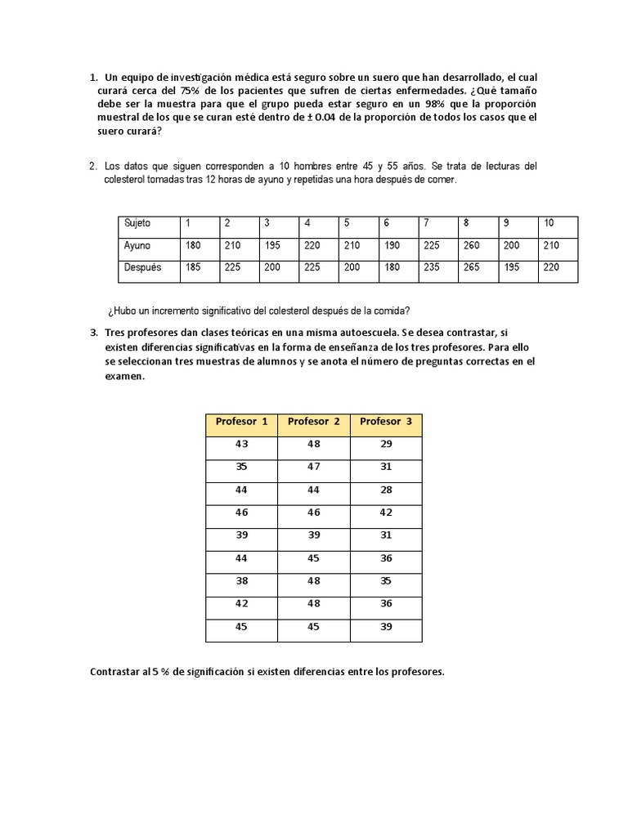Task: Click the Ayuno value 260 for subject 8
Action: click(x=471, y=245)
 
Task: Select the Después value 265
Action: click(x=471, y=267)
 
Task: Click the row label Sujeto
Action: click(x=137, y=223)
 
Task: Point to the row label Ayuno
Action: click(x=137, y=245)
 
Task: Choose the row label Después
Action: click(x=142, y=267)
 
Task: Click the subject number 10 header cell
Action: click(x=549, y=223)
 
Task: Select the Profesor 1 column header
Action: click(x=241, y=422)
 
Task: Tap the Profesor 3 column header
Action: click(x=386, y=422)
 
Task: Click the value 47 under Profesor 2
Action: click(x=314, y=467)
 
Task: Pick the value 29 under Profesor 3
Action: click(x=386, y=444)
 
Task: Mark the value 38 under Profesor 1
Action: click(x=241, y=581)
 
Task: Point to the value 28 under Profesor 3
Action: click(x=386, y=490)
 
